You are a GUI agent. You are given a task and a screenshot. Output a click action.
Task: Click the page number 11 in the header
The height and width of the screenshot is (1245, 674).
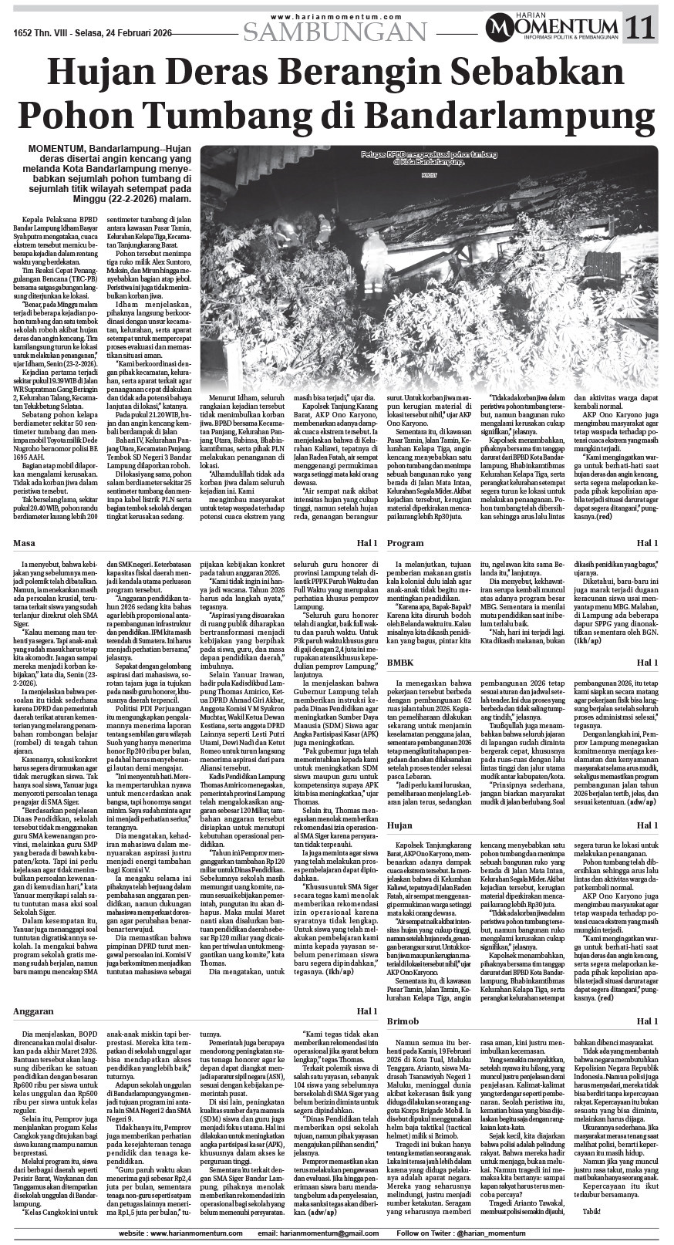pos(642,29)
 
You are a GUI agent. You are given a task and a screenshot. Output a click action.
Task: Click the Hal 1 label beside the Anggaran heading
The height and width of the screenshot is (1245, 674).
pos(366,1011)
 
